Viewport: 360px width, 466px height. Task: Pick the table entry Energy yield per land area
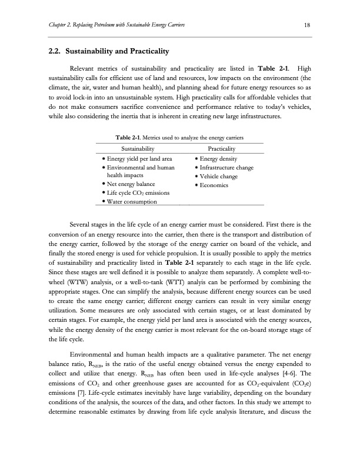[x=139, y=159]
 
